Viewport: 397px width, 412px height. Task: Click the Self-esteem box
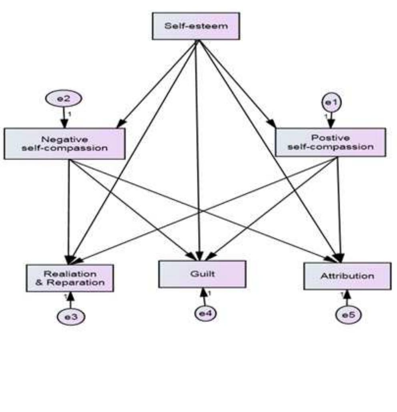pos(196,26)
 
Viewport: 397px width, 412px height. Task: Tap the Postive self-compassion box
pos(331,142)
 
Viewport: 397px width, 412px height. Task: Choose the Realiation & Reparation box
pos(70,278)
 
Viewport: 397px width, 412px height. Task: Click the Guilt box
pos(202,274)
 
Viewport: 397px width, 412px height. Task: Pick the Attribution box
pos(347,276)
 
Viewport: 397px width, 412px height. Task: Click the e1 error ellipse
pos(331,103)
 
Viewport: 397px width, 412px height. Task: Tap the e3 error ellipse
pos(70,316)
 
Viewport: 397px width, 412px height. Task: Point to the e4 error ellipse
pos(205,313)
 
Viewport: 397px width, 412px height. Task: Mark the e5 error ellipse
pos(348,315)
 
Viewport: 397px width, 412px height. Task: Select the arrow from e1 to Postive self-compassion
pos(331,119)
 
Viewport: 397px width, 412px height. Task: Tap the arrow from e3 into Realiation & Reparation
pos(70,300)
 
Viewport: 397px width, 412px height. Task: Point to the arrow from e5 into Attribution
pos(347,298)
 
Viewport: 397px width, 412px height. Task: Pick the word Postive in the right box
pos(330,138)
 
